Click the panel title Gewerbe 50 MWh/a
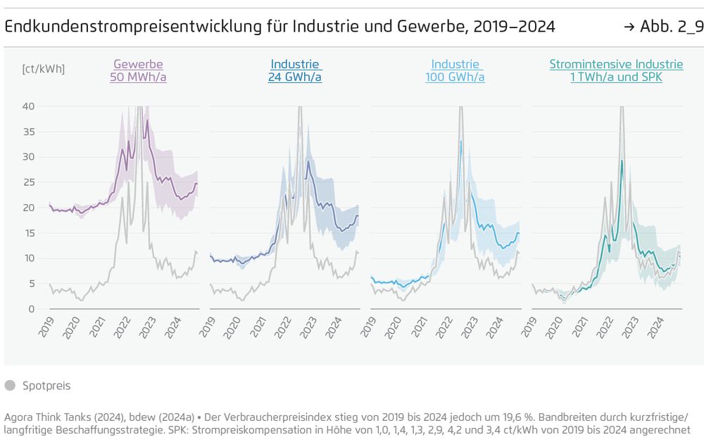coord(138,70)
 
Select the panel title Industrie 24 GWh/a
coord(295,70)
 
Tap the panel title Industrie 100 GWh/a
coord(455,70)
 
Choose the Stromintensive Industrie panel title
coord(616,70)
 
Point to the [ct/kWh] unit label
coord(44,69)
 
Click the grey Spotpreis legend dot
coord(10,386)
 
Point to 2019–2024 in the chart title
coord(514,27)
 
